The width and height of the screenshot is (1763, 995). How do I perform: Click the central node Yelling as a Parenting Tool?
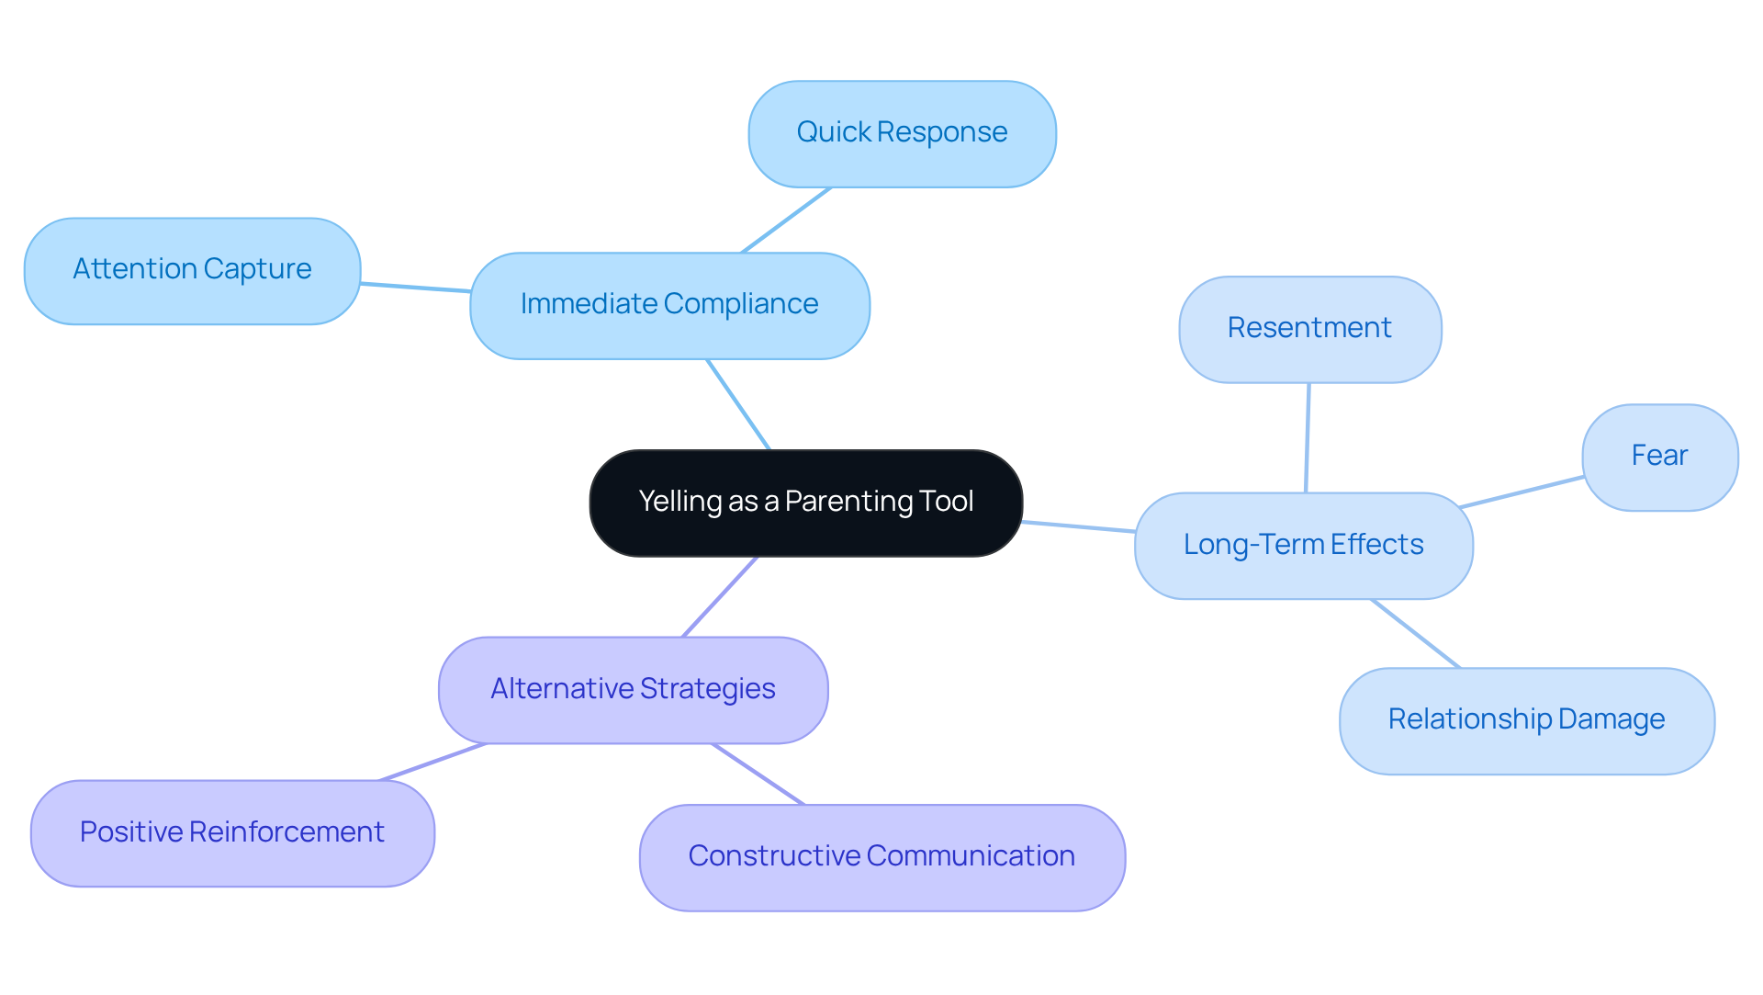tap(805, 503)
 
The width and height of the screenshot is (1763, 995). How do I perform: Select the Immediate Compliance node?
tap(669, 305)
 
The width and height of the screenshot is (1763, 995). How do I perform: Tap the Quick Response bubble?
tap(902, 134)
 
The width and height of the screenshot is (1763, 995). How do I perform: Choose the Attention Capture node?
tap(192, 270)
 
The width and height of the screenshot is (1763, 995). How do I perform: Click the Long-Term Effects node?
tap(1303, 546)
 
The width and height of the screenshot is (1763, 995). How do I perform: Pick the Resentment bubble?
tap(1309, 329)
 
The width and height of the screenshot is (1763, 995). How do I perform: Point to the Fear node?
tap(1659, 457)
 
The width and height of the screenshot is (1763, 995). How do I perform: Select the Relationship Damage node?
tap(1526, 720)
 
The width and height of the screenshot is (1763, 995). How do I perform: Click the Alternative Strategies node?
tap(633, 690)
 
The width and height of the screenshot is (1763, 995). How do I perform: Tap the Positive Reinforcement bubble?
tap(232, 833)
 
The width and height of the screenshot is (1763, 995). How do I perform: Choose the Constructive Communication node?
tap(881, 857)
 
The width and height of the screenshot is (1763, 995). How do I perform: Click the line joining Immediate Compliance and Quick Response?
tap(786, 220)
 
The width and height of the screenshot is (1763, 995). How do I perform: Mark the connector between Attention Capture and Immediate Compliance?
tap(415, 288)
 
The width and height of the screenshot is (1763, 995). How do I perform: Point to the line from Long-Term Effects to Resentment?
tap(1308, 437)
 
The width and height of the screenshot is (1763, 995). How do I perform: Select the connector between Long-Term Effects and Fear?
tap(1522, 492)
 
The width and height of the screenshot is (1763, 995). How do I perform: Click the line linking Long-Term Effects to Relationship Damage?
tap(1415, 633)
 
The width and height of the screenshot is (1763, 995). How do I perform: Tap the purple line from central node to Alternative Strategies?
tap(720, 596)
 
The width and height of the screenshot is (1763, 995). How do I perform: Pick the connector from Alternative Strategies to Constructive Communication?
tap(758, 774)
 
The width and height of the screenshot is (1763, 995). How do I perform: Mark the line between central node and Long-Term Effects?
tap(1079, 526)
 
